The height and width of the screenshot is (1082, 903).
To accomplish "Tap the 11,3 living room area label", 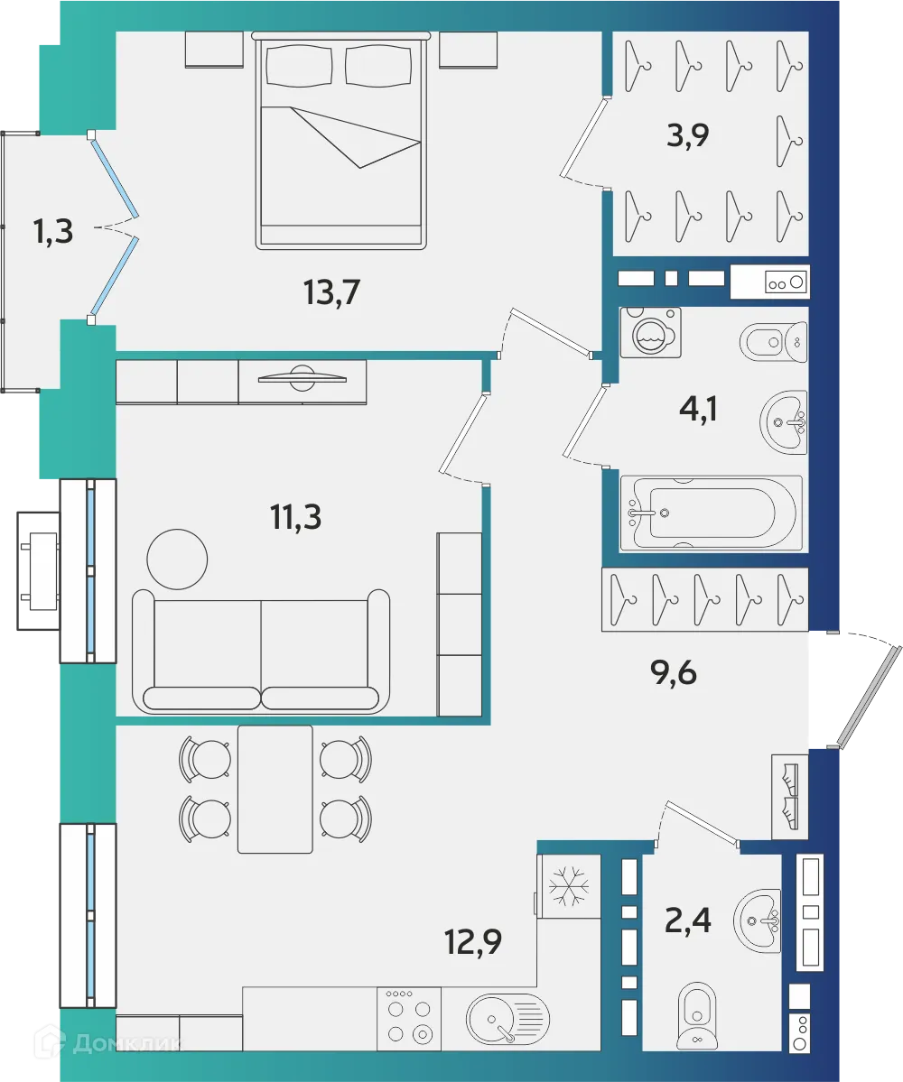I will pyautogui.click(x=296, y=518).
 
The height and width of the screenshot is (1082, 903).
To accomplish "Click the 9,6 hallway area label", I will pyautogui.click(x=675, y=672).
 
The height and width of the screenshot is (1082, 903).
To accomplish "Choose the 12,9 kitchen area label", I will pyautogui.click(x=472, y=943).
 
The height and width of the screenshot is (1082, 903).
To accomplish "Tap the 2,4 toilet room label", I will pyautogui.click(x=689, y=922).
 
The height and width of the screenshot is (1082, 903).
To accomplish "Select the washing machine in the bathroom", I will pyautogui.click(x=651, y=333).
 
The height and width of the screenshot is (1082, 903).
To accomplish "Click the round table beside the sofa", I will pyautogui.click(x=177, y=559).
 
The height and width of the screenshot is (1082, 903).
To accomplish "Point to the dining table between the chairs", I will pyautogui.click(x=275, y=789).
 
